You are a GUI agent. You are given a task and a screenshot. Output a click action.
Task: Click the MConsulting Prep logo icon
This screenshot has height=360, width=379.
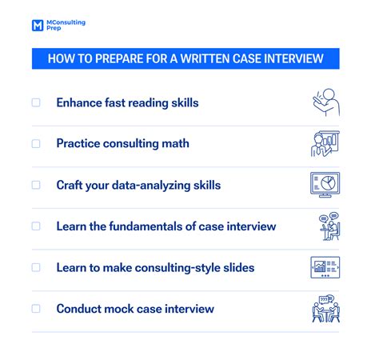tap(37, 26)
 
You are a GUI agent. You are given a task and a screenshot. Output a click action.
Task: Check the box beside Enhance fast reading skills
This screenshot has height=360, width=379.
tap(36, 102)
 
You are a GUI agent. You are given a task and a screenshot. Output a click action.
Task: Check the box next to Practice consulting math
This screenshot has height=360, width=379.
tap(36, 143)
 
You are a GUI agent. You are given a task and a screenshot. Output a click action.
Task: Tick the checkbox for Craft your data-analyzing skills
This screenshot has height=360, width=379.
tap(36, 185)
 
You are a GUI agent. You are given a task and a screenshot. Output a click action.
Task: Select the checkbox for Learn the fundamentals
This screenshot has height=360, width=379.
tap(36, 226)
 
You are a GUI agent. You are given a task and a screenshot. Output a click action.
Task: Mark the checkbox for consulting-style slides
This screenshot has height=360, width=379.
tap(36, 267)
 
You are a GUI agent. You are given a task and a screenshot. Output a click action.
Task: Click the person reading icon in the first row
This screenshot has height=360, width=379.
tap(325, 102)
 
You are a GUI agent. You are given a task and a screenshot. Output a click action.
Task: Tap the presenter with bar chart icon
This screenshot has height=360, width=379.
tap(325, 144)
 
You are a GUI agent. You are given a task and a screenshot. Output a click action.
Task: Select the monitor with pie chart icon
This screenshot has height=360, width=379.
tap(325, 185)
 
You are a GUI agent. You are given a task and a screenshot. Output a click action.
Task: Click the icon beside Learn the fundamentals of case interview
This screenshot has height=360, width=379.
tap(325, 226)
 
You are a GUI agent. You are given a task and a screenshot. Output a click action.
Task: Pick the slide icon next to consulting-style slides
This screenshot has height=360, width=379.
tap(325, 267)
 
